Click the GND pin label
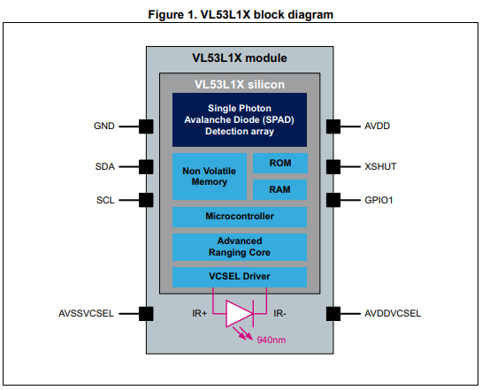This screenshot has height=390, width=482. [x=103, y=126]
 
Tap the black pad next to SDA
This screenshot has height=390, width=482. [x=146, y=167]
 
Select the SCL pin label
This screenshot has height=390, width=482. [x=105, y=201]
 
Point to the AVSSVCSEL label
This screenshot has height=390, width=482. [x=86, y=313]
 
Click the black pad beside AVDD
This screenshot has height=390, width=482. [x=333, y=126]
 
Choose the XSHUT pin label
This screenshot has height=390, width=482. [x=380, y=166]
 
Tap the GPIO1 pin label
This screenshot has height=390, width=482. [x=379, y=201]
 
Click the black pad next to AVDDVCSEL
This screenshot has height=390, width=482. [x=333, y=314]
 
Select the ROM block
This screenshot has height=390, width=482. [x=280, y=164]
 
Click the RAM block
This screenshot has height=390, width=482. [x=279, y=189]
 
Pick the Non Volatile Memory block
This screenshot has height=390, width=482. [x=210, y=176]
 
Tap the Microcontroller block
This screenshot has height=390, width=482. [x=240, y=217]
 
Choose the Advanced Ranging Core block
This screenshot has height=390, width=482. [x=240, y=247]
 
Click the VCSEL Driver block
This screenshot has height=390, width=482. [x=240, y=277]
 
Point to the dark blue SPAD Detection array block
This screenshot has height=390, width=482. [x=240, y=120]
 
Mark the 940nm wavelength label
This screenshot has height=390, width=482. [x=272, y=340]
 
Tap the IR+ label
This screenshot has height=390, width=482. [x=200, y=313]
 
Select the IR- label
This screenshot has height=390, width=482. [x=279, y=313]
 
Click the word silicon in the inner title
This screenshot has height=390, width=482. [x=266, y=85]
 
